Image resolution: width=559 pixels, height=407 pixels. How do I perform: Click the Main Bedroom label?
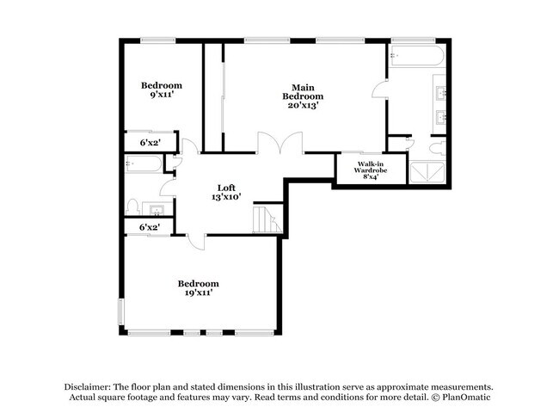coord(302,96)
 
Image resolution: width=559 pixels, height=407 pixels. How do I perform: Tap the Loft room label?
coord(227,192)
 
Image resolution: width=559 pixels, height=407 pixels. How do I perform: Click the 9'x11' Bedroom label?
coord(162,90)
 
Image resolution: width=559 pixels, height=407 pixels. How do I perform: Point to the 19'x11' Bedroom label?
coord(198,288)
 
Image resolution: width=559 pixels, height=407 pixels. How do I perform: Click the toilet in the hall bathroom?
coord(133,207)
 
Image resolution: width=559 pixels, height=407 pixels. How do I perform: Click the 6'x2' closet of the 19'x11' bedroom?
coord(149,227)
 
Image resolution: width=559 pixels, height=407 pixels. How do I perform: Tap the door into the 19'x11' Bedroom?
coord(196,242)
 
